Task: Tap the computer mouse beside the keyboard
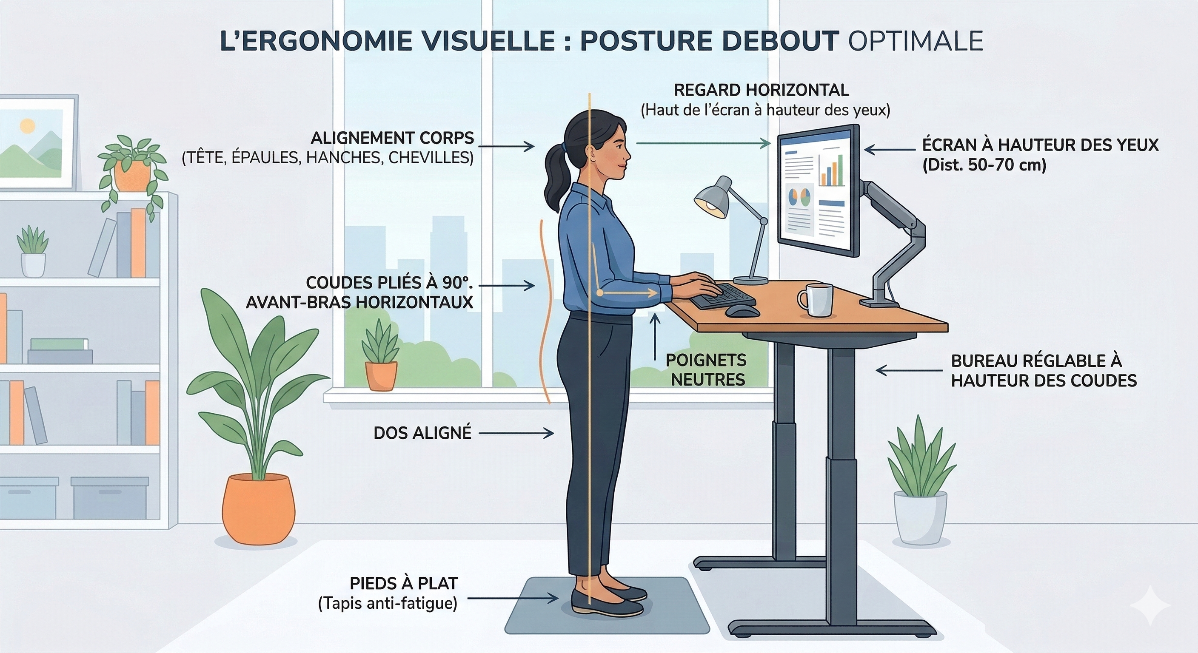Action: click(x=742, y=310)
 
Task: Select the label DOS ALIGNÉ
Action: click(x=422, y=433)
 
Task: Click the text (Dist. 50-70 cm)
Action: click(x=984, y=165)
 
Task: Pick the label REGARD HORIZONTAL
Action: click(x=762, y=90)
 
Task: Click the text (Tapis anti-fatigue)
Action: click(x=388, y=603)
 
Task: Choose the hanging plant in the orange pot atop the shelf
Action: click(x=133, y=170)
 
